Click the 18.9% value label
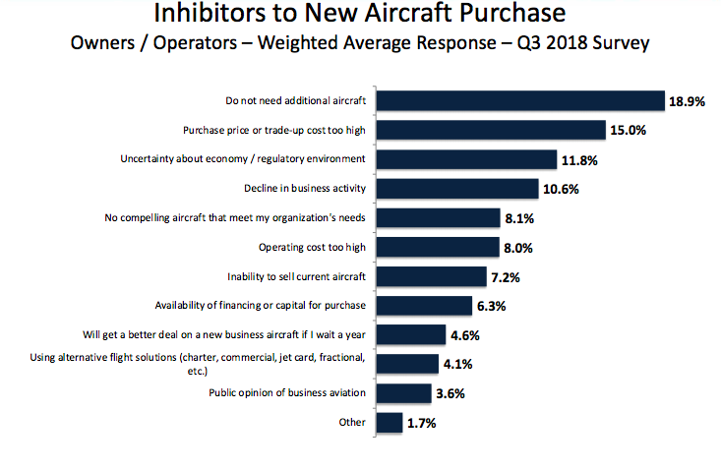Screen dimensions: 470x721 (687, 101)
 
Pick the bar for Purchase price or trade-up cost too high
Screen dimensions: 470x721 (491, 130)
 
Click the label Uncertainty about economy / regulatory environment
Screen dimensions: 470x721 (243, 158)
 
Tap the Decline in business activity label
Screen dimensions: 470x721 (305, 188)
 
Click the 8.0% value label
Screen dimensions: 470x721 (519, 248)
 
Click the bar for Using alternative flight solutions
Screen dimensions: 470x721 (408, 364)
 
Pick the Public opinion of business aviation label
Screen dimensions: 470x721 (287, 393)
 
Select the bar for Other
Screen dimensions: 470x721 (391, 423)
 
